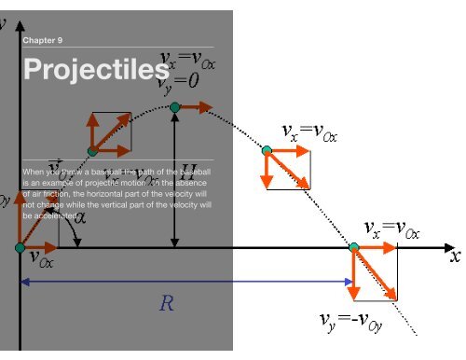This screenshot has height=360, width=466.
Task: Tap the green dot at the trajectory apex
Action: tap(175, 108)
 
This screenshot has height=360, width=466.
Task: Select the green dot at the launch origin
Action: tap(21, 247)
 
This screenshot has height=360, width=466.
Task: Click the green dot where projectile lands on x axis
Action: tap(354, 247)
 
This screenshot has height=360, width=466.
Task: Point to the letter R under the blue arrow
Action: tap(167, 303)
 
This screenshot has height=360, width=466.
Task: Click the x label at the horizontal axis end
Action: tap(455, 254)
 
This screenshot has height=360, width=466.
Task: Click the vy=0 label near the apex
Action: tap(179, 81)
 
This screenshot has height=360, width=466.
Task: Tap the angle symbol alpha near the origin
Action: tap(80, 218)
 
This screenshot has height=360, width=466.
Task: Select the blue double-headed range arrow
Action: tap(186, 281)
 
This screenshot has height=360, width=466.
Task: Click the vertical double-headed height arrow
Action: tap(175, 177)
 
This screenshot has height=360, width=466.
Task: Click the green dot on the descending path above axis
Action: tap(267, 150)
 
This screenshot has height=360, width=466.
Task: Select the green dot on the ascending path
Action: tap(92, 150)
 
